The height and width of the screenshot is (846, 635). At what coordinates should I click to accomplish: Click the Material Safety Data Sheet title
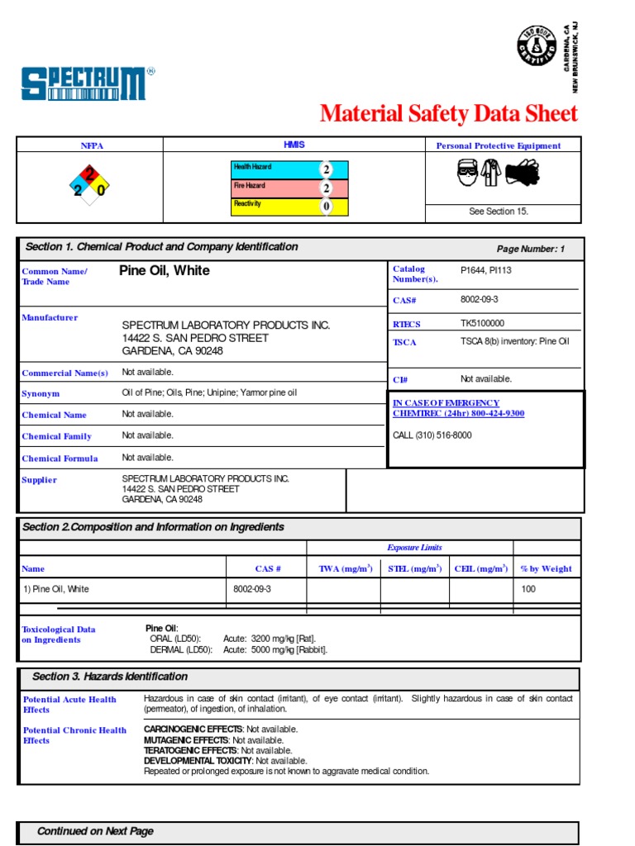click(448, 113)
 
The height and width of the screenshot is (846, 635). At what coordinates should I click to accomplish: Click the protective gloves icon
click(522, 173)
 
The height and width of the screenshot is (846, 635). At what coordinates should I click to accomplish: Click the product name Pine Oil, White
click(165, 271)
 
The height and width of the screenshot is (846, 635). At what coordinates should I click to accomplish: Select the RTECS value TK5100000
click(482, 324)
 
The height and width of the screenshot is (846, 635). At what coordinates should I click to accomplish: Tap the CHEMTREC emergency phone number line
click(458, 413)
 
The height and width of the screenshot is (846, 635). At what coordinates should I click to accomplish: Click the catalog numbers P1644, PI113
click(487, 269)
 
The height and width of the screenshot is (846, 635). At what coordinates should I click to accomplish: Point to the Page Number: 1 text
click(530, 250)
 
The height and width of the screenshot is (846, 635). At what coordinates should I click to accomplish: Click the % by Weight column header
click(546, 568)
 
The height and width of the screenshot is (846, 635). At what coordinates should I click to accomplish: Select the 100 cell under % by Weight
click(528, 589)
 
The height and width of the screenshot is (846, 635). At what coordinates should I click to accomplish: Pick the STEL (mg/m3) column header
click(414, 568)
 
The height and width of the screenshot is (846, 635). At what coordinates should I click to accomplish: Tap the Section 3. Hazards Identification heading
click(110, 677)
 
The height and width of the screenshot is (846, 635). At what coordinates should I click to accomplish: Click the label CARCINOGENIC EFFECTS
click(193, 730)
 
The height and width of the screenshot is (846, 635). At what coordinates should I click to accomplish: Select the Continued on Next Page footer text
click(95, 831)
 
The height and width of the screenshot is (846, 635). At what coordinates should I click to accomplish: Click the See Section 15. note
click(499, 211)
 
